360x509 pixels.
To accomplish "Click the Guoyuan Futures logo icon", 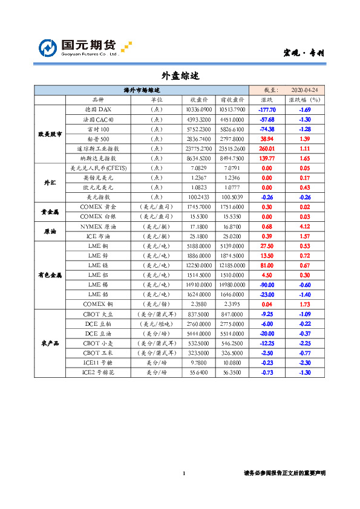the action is tap(48, 48).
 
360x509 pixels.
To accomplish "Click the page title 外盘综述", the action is tap(180, 76).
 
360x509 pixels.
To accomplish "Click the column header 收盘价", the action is tap(200, 100).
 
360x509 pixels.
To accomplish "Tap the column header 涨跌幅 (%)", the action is tap(304, 100).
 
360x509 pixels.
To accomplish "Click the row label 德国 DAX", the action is tap(98, 109).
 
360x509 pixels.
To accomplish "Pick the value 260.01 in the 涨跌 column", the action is tap(267, 148).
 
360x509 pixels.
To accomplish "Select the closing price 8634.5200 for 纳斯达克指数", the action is tap(200, 158).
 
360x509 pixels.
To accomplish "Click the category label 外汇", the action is tap(49, 182).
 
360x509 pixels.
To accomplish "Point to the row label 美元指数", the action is tap(98, 196).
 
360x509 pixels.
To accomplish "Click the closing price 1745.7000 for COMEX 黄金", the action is tap(200, 207).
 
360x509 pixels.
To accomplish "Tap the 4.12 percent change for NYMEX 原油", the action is tap(304, 226).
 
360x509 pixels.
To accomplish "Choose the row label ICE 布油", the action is tap(98, 236).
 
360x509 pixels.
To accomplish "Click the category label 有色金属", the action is tap(49, 274).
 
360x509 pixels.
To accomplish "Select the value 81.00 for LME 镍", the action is tap(267, 265).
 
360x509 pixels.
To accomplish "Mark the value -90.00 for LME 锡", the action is tap(267, 284).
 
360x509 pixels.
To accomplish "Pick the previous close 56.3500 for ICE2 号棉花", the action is tap(232, 373).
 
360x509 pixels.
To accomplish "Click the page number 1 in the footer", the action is tap(183, 473).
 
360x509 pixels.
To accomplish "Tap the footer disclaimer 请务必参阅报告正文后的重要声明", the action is tap(284, 473).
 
